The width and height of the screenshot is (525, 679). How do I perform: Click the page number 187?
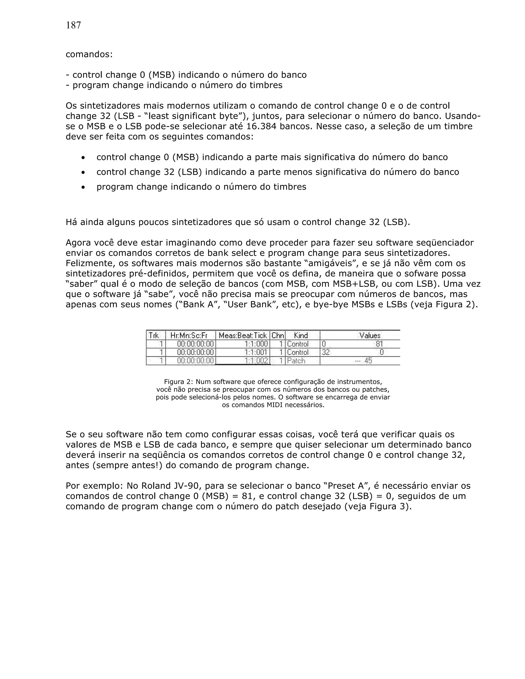pos(73,25)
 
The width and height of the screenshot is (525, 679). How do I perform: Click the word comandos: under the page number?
pos(89,54)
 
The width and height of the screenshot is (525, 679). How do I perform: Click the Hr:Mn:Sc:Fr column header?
pos(189,335)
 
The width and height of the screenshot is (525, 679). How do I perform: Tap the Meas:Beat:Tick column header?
pos(243,335)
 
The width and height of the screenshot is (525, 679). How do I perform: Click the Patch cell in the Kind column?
pos(296,361)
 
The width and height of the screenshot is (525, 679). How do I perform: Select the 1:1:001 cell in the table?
pos(256,352)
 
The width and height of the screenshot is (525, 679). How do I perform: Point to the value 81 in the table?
pos(379,344)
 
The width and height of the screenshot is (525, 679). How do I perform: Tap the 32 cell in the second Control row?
pos(325,352)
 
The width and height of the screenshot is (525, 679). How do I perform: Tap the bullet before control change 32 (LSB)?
pos(83,172)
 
